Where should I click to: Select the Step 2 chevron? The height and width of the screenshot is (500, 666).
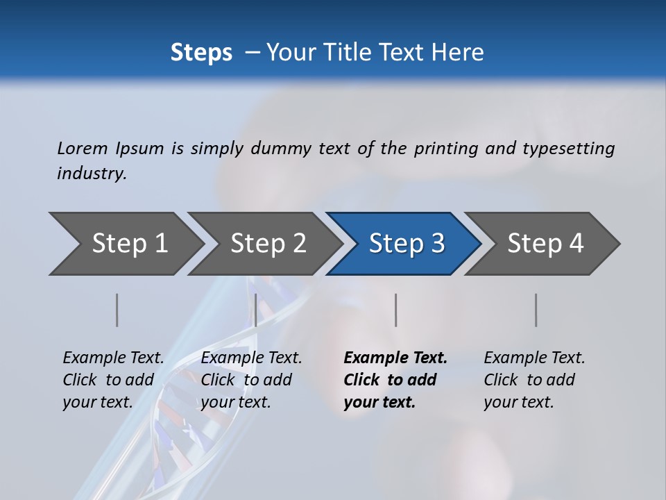(x=267, y=244)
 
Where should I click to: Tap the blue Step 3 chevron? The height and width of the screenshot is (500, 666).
(x=406, y=244)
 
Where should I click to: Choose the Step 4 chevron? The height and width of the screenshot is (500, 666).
(x=545, y=244)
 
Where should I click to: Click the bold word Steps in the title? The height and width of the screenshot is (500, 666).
(x=201, y=52)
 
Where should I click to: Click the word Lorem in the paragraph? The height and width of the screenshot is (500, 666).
(x=83, y=148)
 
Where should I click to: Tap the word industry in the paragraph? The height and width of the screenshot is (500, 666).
(x=92, y=173)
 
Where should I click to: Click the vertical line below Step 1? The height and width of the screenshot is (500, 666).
(x=117, y=310)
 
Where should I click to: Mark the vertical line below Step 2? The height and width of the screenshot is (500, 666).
(x=256, y=310)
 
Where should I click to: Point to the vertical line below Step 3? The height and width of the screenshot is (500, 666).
(x=396, y=310)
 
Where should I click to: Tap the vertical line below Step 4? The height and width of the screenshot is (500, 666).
(x=536, y=310)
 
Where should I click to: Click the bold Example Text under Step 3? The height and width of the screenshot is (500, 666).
(x=395, y=358)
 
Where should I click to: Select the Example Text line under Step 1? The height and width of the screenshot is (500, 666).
(x=113, y=358)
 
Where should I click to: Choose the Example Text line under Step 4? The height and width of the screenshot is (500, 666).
(x=534, y=358)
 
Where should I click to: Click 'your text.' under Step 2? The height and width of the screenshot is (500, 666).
(x=235, y=402)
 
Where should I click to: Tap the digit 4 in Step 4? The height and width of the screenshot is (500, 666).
(x=577, y=244)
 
